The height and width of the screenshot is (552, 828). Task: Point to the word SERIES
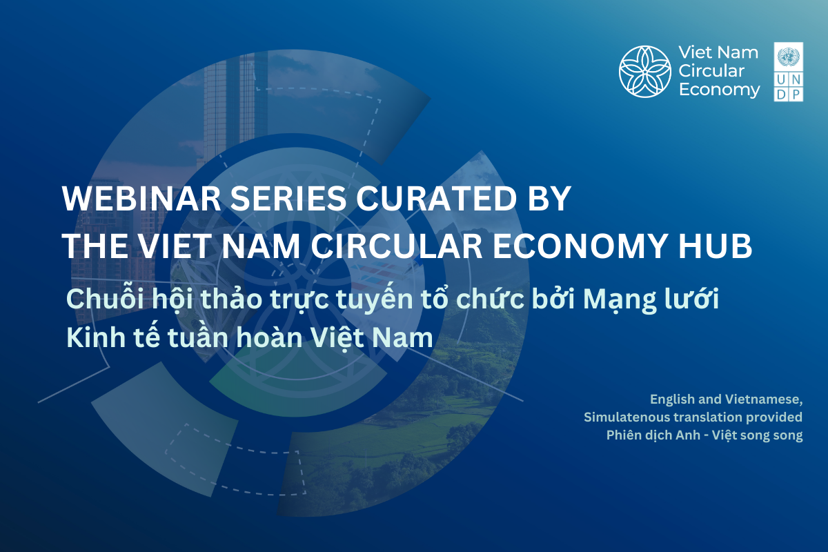pyautogui.click(x=288, y=199)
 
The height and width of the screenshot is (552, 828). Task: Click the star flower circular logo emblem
pyautogui.click(x=645, y=71)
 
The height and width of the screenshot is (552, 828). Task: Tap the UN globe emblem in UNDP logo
pyautogui.click(x=789, y=57)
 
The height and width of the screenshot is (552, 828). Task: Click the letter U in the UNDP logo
pyautogui.click(x=781, y=79)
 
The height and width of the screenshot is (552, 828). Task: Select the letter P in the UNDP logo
pyautogui.click(x=796, y=95)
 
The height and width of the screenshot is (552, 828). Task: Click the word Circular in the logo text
pyautogui.click(x=711, y=71)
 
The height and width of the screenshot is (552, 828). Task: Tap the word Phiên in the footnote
pyautogui.click(x=623, y=435)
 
